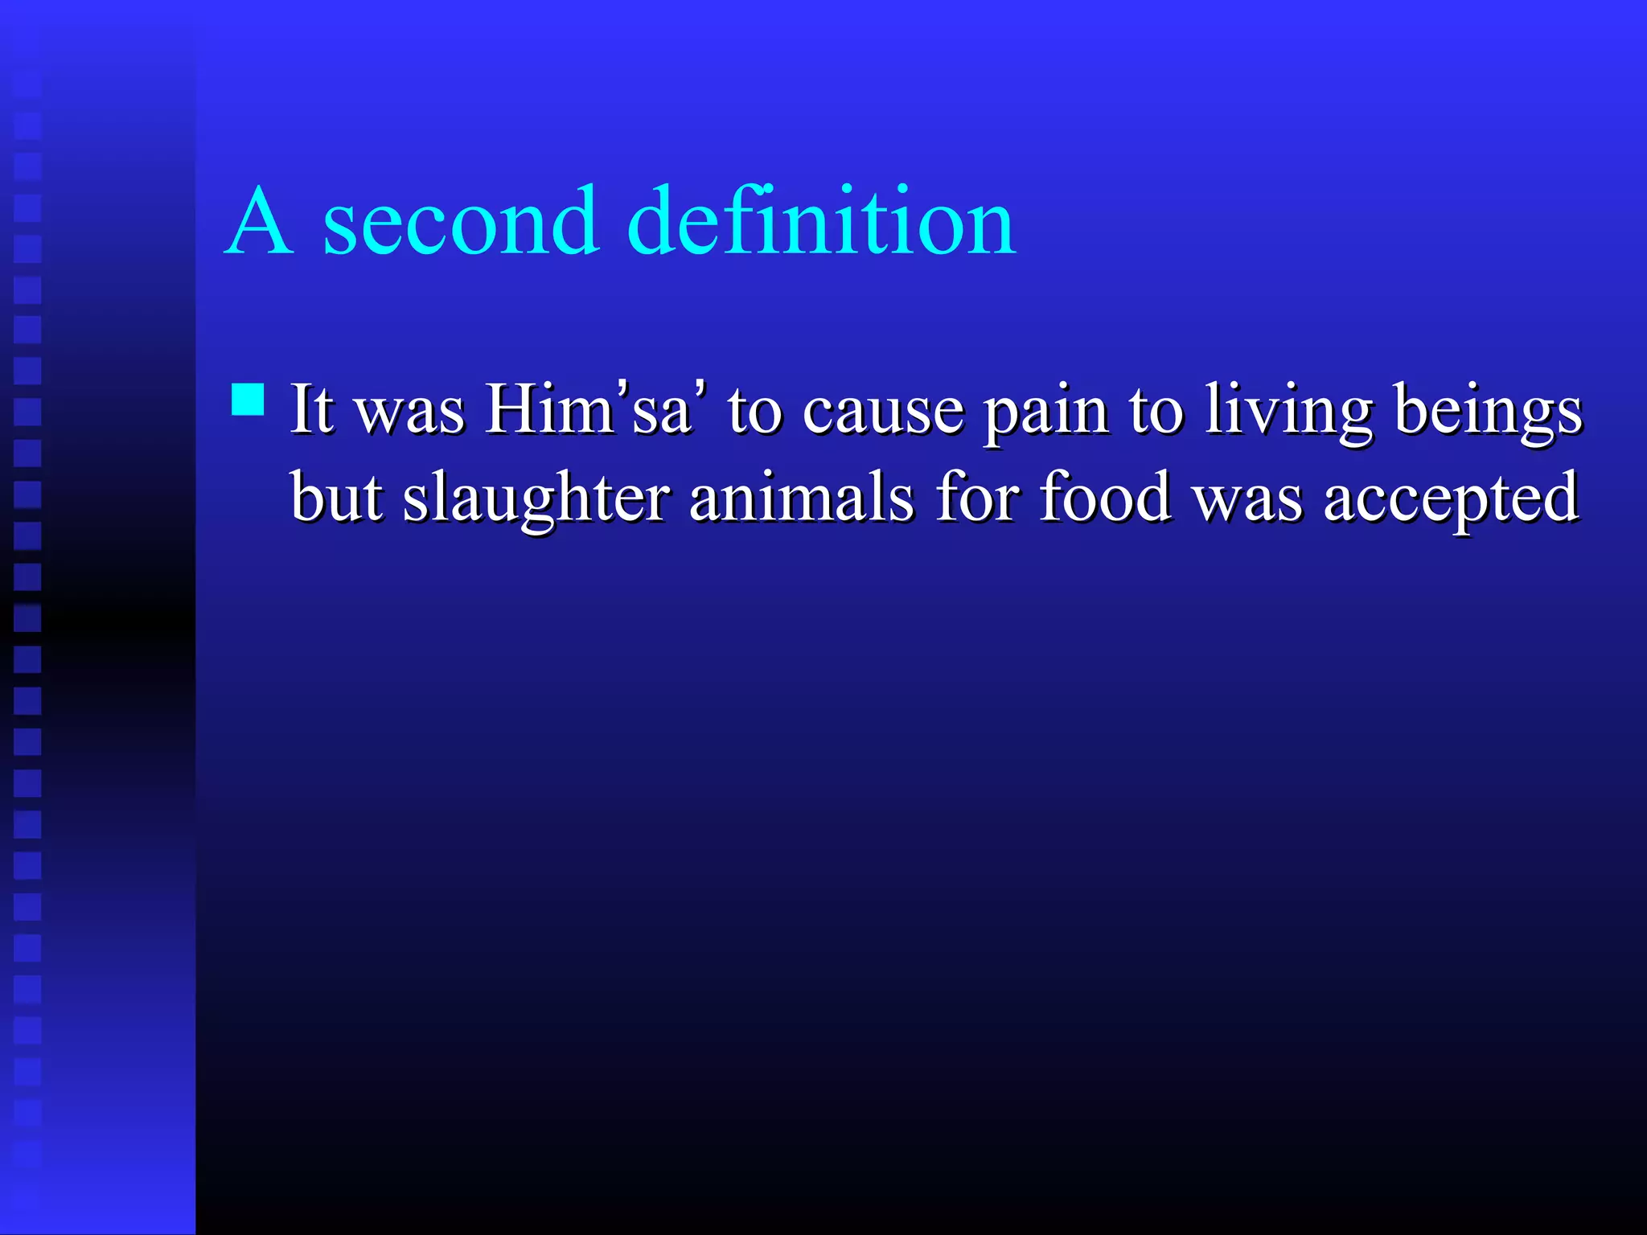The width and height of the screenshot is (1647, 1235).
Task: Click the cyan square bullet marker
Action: (248, 400)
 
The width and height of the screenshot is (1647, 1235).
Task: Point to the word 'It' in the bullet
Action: (310, 408)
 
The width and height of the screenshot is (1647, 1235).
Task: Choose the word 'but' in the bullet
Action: (336, 497)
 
